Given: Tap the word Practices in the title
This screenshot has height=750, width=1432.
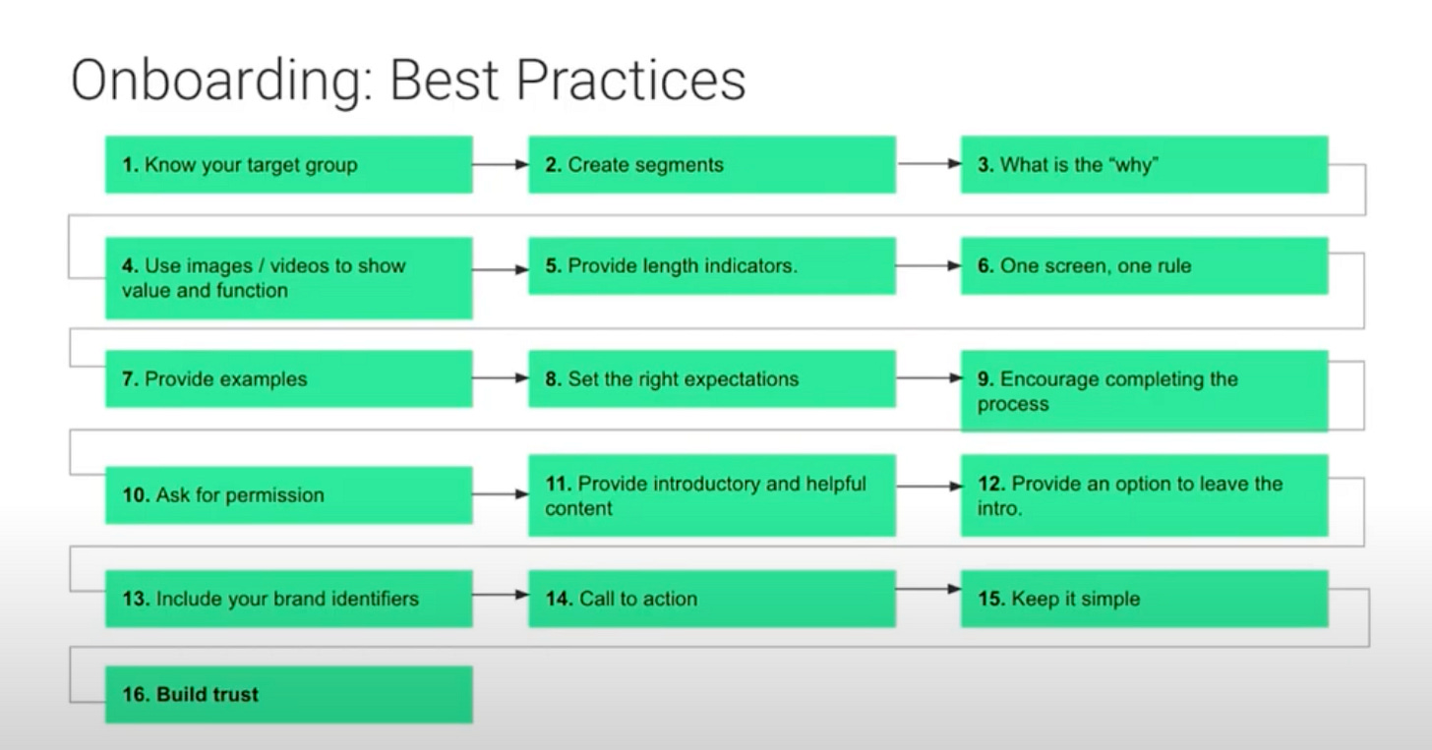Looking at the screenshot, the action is pos(631,80).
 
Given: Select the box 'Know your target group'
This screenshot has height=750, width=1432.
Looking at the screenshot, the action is pos(289,165).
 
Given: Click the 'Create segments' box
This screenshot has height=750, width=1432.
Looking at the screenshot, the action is pos(712,165).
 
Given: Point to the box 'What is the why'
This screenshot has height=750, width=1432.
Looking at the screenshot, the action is pos(1145,165).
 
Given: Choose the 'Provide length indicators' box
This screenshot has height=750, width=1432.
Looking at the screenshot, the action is pos(712,265).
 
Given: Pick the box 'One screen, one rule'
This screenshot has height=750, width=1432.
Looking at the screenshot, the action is pos(1145,265).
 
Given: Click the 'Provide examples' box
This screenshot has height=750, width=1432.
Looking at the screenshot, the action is pos(289,378).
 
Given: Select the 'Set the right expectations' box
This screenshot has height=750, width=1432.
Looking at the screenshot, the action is pos(712,378).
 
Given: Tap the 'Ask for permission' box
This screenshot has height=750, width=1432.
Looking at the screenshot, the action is pos(289,495).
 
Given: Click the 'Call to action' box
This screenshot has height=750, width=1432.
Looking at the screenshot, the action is pos(712,599).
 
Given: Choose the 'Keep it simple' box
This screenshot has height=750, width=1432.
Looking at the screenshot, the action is pos(1145,599).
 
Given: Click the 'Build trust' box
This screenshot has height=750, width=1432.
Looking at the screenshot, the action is pos(289,694).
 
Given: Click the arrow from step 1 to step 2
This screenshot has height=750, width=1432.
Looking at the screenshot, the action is pos(501,165).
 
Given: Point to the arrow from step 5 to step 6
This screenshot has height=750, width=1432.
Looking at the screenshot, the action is pos(928,265).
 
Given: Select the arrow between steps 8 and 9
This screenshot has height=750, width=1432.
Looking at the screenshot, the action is pos(928,378).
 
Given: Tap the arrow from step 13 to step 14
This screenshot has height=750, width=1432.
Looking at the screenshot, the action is pos(501,595).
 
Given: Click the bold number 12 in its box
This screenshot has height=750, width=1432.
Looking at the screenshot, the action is pos(991,484).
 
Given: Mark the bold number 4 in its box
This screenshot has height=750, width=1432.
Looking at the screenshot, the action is pos(130,265).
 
